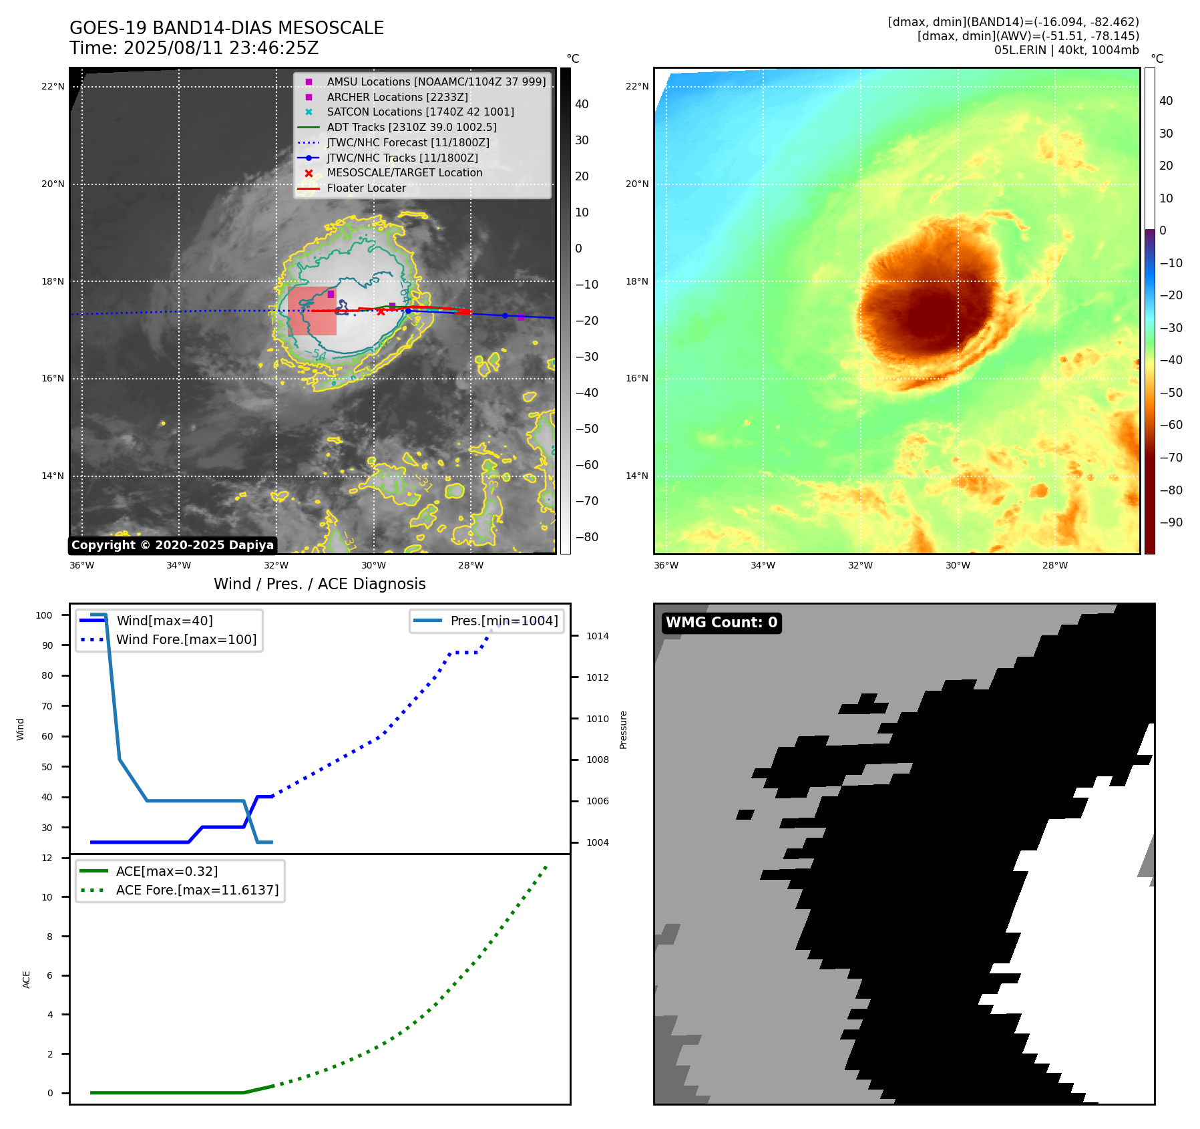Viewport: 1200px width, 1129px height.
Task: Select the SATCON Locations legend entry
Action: pos(420,112)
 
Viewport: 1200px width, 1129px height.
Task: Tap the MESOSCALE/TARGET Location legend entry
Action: pos(404,172)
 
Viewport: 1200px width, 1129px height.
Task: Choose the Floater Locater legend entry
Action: pos(366,188)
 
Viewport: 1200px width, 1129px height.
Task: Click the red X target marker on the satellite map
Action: pos(381,311)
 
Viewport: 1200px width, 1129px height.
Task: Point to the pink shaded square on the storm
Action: pos(312,311)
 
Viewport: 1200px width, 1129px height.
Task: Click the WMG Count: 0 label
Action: pos(721,623)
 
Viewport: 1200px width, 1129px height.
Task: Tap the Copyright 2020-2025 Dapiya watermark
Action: pos(172,545)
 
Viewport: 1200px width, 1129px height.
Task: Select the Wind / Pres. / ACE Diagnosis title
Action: pos(319,584)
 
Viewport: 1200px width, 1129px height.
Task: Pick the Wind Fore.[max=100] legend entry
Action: pos(186,639)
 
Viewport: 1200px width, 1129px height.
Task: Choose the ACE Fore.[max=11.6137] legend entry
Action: pos(197,890)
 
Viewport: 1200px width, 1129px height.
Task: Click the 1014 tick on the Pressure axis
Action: pos(597,636)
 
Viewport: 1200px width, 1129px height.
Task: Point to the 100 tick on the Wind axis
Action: pos(44,615)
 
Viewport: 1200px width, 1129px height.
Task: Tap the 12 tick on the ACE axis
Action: pos(47,858)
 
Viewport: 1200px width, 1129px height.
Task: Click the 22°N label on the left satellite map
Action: pos(53,86)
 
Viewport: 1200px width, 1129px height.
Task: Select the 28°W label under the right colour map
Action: pos(1054,565)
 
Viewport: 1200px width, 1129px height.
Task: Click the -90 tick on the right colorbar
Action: pos(1171,522)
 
